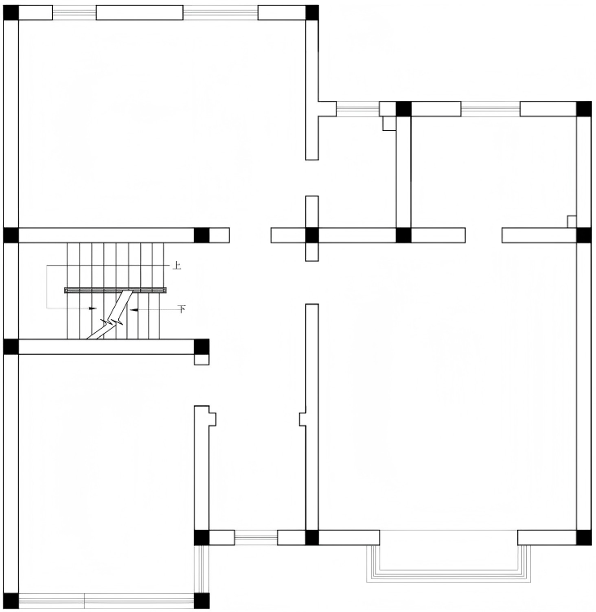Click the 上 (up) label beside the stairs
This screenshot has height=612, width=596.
pos(177,266)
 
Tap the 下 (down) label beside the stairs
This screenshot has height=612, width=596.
pos(182,309)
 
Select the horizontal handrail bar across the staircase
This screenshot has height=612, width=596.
pos(116,290)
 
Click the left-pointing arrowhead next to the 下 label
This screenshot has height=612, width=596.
pos(134,310)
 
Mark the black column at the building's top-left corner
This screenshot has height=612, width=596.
pos(11,12)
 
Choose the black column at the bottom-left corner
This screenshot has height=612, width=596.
pos(11,601)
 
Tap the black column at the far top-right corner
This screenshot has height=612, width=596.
pos(584,108)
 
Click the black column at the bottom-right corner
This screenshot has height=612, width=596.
pos(584,537)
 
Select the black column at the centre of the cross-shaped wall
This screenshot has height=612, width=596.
pos(312,235)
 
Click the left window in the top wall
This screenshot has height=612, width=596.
pos(74,13)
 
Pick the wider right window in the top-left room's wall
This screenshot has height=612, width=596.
pos(221,13)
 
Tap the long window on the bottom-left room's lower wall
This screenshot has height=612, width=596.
pos(106,601)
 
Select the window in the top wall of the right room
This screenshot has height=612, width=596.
pos(490,108)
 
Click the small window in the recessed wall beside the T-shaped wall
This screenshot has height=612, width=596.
pos(357,108)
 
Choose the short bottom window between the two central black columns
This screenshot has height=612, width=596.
pos(256,537)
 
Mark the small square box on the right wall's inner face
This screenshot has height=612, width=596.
pos(572,221)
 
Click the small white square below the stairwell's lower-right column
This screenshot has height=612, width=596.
pos(202,360)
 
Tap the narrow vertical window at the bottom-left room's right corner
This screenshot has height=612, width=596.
pos(202,569)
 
